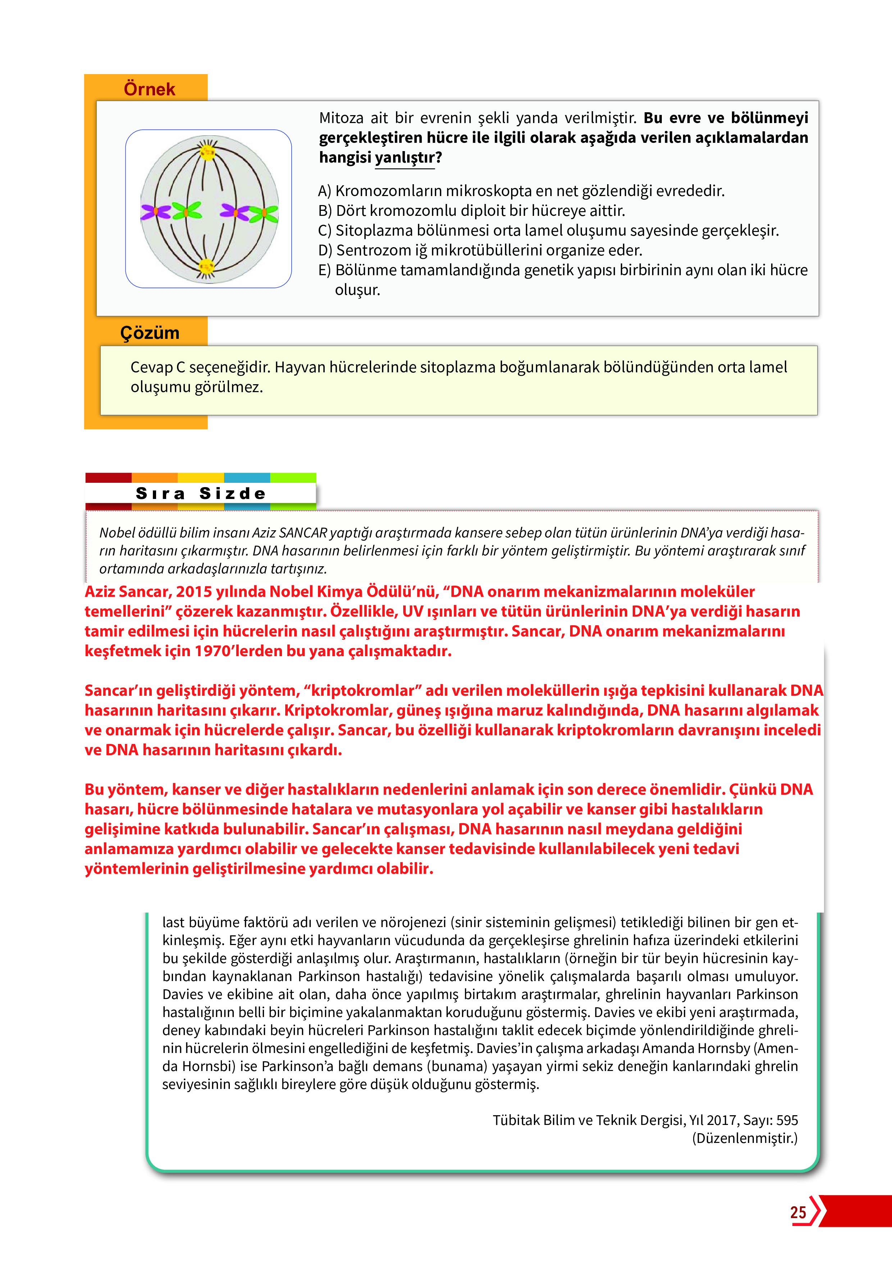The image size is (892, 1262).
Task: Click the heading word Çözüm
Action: click(x=150, y=332)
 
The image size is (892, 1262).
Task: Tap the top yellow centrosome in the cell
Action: click(x=207, y=152)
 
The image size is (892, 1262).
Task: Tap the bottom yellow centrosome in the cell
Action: click(x=207, y=267)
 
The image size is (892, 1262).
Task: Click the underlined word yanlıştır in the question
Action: click(x=405, y=158)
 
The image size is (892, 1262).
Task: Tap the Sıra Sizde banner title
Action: click(x=201, y=493)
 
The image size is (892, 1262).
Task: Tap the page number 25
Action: click(x=798, y=1212)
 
